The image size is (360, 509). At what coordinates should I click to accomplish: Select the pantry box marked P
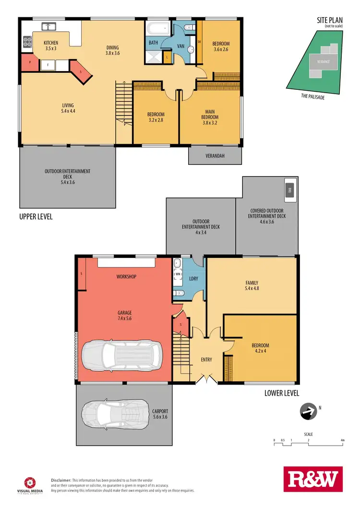pos(30,63)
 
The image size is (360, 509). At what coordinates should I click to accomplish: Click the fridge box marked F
pos(48,64)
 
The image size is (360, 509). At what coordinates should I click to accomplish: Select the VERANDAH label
pos(215,156)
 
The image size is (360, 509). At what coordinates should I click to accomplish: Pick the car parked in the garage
pos(122,355)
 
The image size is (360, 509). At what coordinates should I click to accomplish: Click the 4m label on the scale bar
pos(342,440)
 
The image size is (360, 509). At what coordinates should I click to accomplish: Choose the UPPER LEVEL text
pos(36,217)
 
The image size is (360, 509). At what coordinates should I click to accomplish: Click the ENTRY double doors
pos(205,379)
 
